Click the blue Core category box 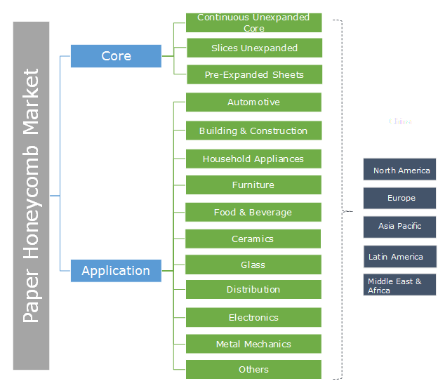click(116, 56)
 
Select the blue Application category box click(116, 271)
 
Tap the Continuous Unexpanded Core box click(253, 22)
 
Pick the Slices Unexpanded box click(253, 48)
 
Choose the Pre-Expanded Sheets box click(253, 74)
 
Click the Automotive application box click(253, 102)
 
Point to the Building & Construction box click(253, 131)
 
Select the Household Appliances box click(253, 159)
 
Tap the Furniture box click(253, 185)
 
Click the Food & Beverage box click(253, 213)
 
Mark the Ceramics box click(253, 239)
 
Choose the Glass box click(253, 265)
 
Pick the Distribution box click(253, 290)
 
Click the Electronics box click(253, 318)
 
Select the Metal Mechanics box click(253, 345)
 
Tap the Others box click(253, 370)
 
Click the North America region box click(400, 171)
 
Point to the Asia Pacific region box click(400, 227)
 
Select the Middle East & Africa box click(400, 286)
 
